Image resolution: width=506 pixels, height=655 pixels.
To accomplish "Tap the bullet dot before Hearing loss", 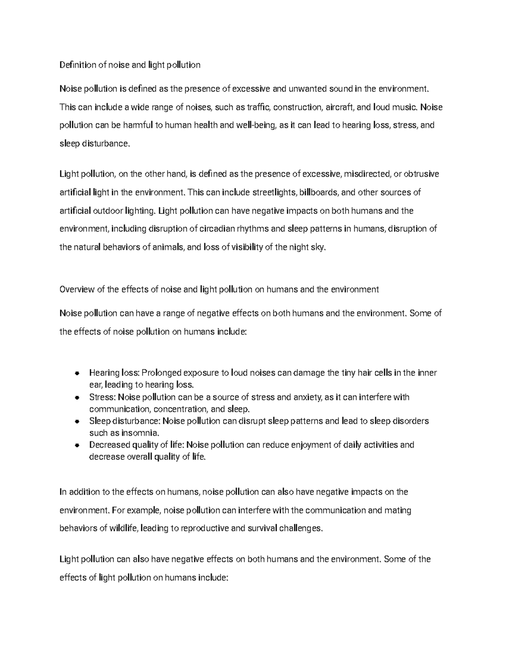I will point(77,373).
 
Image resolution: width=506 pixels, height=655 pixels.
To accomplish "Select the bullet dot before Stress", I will point(77,397).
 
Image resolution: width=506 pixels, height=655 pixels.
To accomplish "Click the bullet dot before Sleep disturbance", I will point(77,421).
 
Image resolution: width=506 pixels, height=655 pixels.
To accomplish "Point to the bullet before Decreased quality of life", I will point(77,445).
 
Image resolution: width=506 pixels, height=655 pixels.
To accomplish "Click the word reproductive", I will point(205,528).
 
